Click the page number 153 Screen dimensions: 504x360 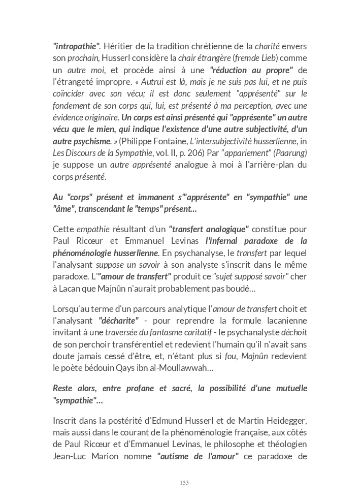coord(184,483)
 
